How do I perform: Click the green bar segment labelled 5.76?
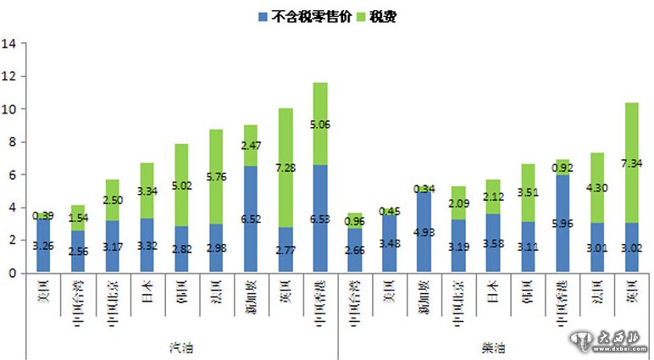(x=216, y=176)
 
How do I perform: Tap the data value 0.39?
(x=42, y=215)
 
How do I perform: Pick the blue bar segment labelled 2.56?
(x=77, y=252)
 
